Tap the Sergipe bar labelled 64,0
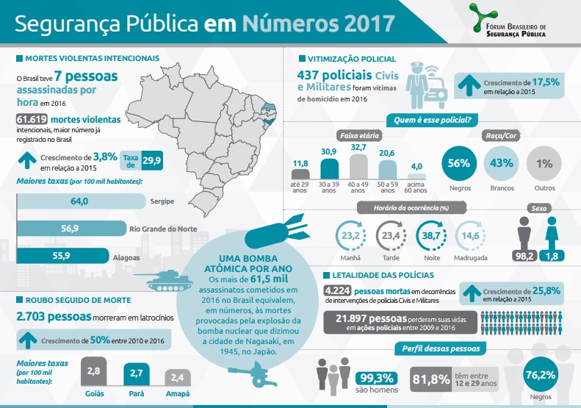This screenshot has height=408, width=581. click(80, 201)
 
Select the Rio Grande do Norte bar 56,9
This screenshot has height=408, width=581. click(71, 229)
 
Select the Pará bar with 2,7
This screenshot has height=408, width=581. click(135, 375)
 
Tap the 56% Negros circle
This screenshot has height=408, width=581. click(460, 163)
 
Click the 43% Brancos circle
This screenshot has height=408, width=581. click(502, 163)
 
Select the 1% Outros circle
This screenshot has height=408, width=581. click(544, 163)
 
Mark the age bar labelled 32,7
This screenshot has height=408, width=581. click(358, 164)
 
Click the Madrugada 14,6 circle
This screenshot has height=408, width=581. click(470, 236)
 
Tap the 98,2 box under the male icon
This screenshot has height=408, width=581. click(524, 255)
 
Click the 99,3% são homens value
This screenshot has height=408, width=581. click(376, 379)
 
